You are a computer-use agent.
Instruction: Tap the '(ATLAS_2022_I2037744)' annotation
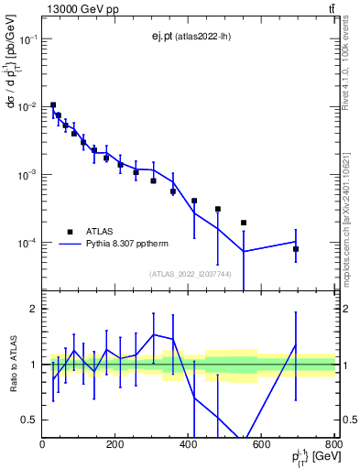coord(190,273)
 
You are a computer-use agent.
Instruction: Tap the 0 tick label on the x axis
coord(42,446)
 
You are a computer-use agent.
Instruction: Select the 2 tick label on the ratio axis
coord(33,309)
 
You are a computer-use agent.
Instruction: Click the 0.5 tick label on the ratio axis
coord(29,420)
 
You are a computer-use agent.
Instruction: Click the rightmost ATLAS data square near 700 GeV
coord(296,249)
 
